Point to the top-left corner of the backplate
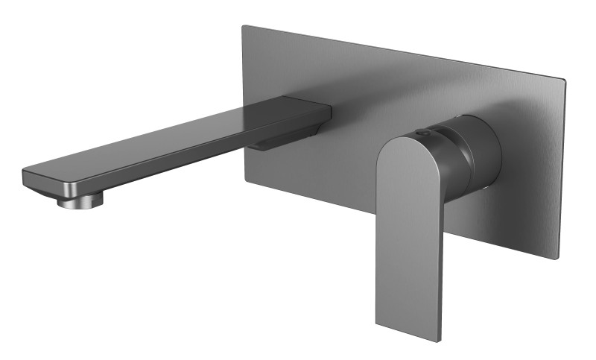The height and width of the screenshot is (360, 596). click(x=244, y=28)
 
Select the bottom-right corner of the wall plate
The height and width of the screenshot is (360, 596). click(x=557, y=259)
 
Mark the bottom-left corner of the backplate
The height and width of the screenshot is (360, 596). click(x=244, y=178)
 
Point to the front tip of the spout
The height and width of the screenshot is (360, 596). click(x=27, y=179)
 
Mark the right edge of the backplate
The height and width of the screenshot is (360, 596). click(x=561, y=171)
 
